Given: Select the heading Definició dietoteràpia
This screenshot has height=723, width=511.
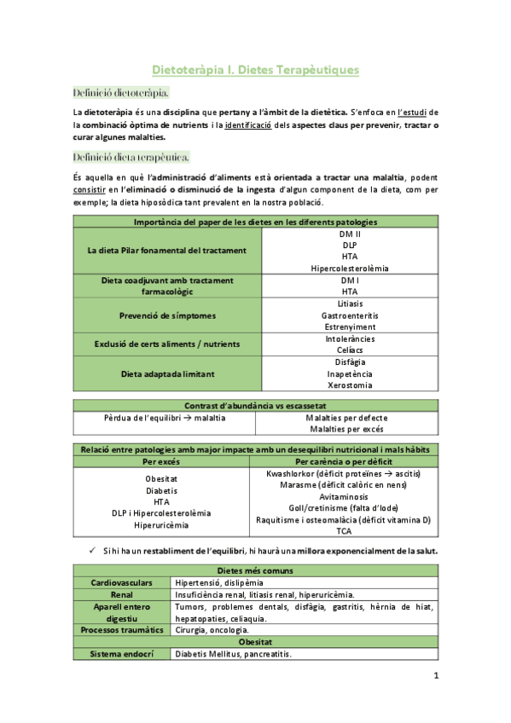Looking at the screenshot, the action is pos(120,92).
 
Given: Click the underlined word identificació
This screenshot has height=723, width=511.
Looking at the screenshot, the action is pos(253,124).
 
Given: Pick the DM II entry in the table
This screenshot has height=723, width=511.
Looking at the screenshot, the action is pos(350,234).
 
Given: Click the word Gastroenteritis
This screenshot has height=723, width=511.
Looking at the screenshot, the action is pos(350,315).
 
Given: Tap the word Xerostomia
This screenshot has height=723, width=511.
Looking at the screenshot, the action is pos(350,385).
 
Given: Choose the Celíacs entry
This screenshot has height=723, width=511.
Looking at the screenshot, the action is pos(350,350).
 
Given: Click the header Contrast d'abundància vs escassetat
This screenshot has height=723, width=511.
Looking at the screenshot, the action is pos(255,405).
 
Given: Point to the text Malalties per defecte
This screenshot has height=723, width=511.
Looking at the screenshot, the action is pos(346,418).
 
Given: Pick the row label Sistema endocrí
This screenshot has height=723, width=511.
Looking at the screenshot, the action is pos(122,654).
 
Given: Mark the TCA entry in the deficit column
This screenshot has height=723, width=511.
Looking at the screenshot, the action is pos(343,531).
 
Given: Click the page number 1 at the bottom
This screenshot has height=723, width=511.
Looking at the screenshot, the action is pos(436,677).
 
